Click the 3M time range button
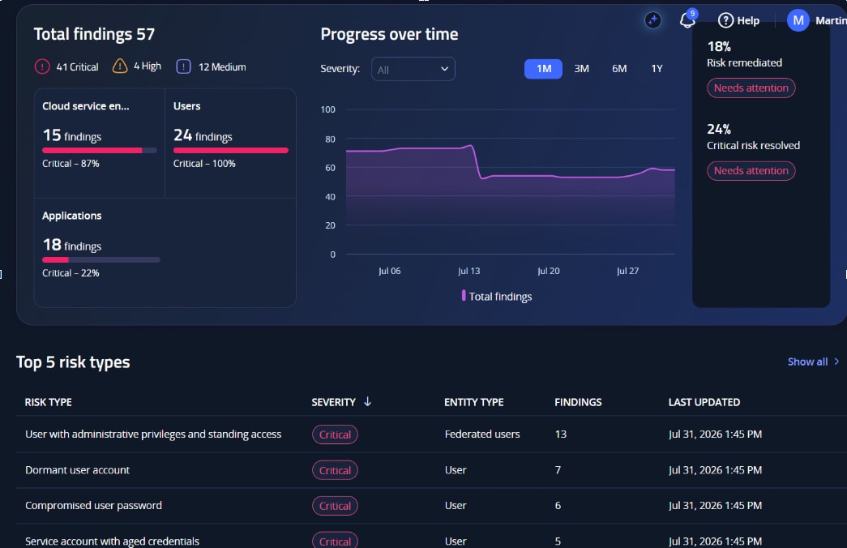point(581,69)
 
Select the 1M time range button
point(543,69)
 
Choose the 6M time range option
point(619,69)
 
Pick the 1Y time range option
point(657,69)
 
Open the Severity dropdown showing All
point(413,69)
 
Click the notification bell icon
point(687,20)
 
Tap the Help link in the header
point(738,20)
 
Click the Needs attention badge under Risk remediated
point(751,88)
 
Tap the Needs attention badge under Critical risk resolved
point(751,171)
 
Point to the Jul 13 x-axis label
point(468,271)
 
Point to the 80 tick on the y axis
point(330,139)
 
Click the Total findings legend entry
point(496,296)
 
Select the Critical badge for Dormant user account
point(335,470)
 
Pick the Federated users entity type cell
point(481,434)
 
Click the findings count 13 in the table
point(561,434)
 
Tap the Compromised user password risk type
point(93,505)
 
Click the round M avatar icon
point(798,20)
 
